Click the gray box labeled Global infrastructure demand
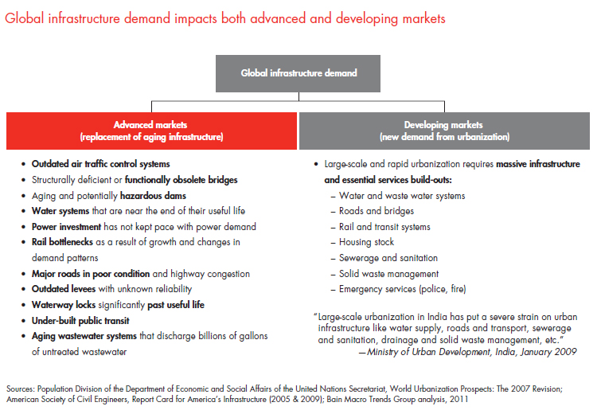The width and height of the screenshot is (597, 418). click(x=299, y=73)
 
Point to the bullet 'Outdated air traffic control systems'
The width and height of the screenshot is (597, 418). click(x=100, y=165)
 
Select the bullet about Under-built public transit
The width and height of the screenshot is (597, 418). click(x=80, y=320)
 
